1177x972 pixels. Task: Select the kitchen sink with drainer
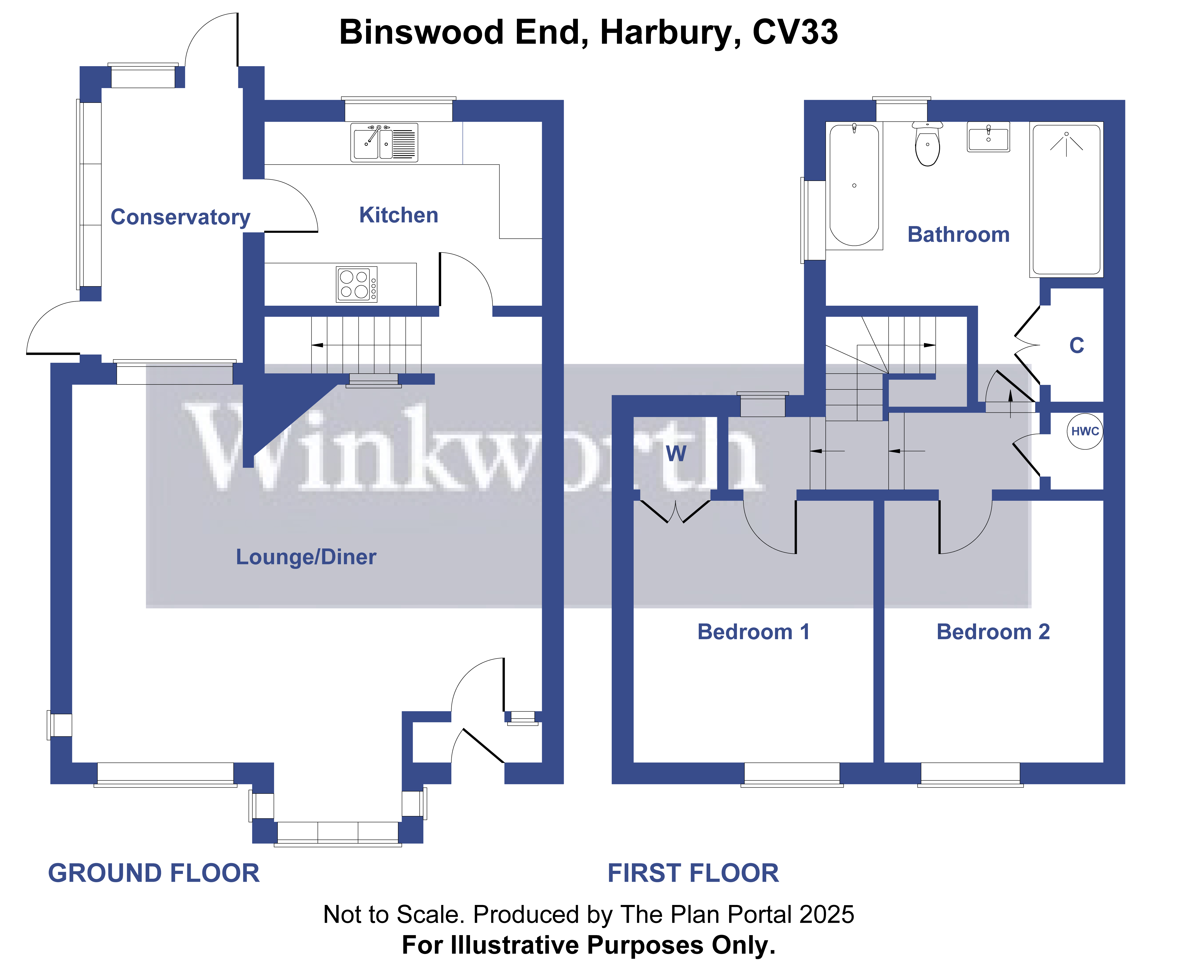(384, 143)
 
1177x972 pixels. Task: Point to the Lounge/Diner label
(306, 557)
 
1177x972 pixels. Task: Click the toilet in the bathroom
(927, 146)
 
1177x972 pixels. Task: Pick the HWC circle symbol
(1085, 431)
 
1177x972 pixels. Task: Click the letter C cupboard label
(1076, 345)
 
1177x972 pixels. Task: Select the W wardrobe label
(676, 453)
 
